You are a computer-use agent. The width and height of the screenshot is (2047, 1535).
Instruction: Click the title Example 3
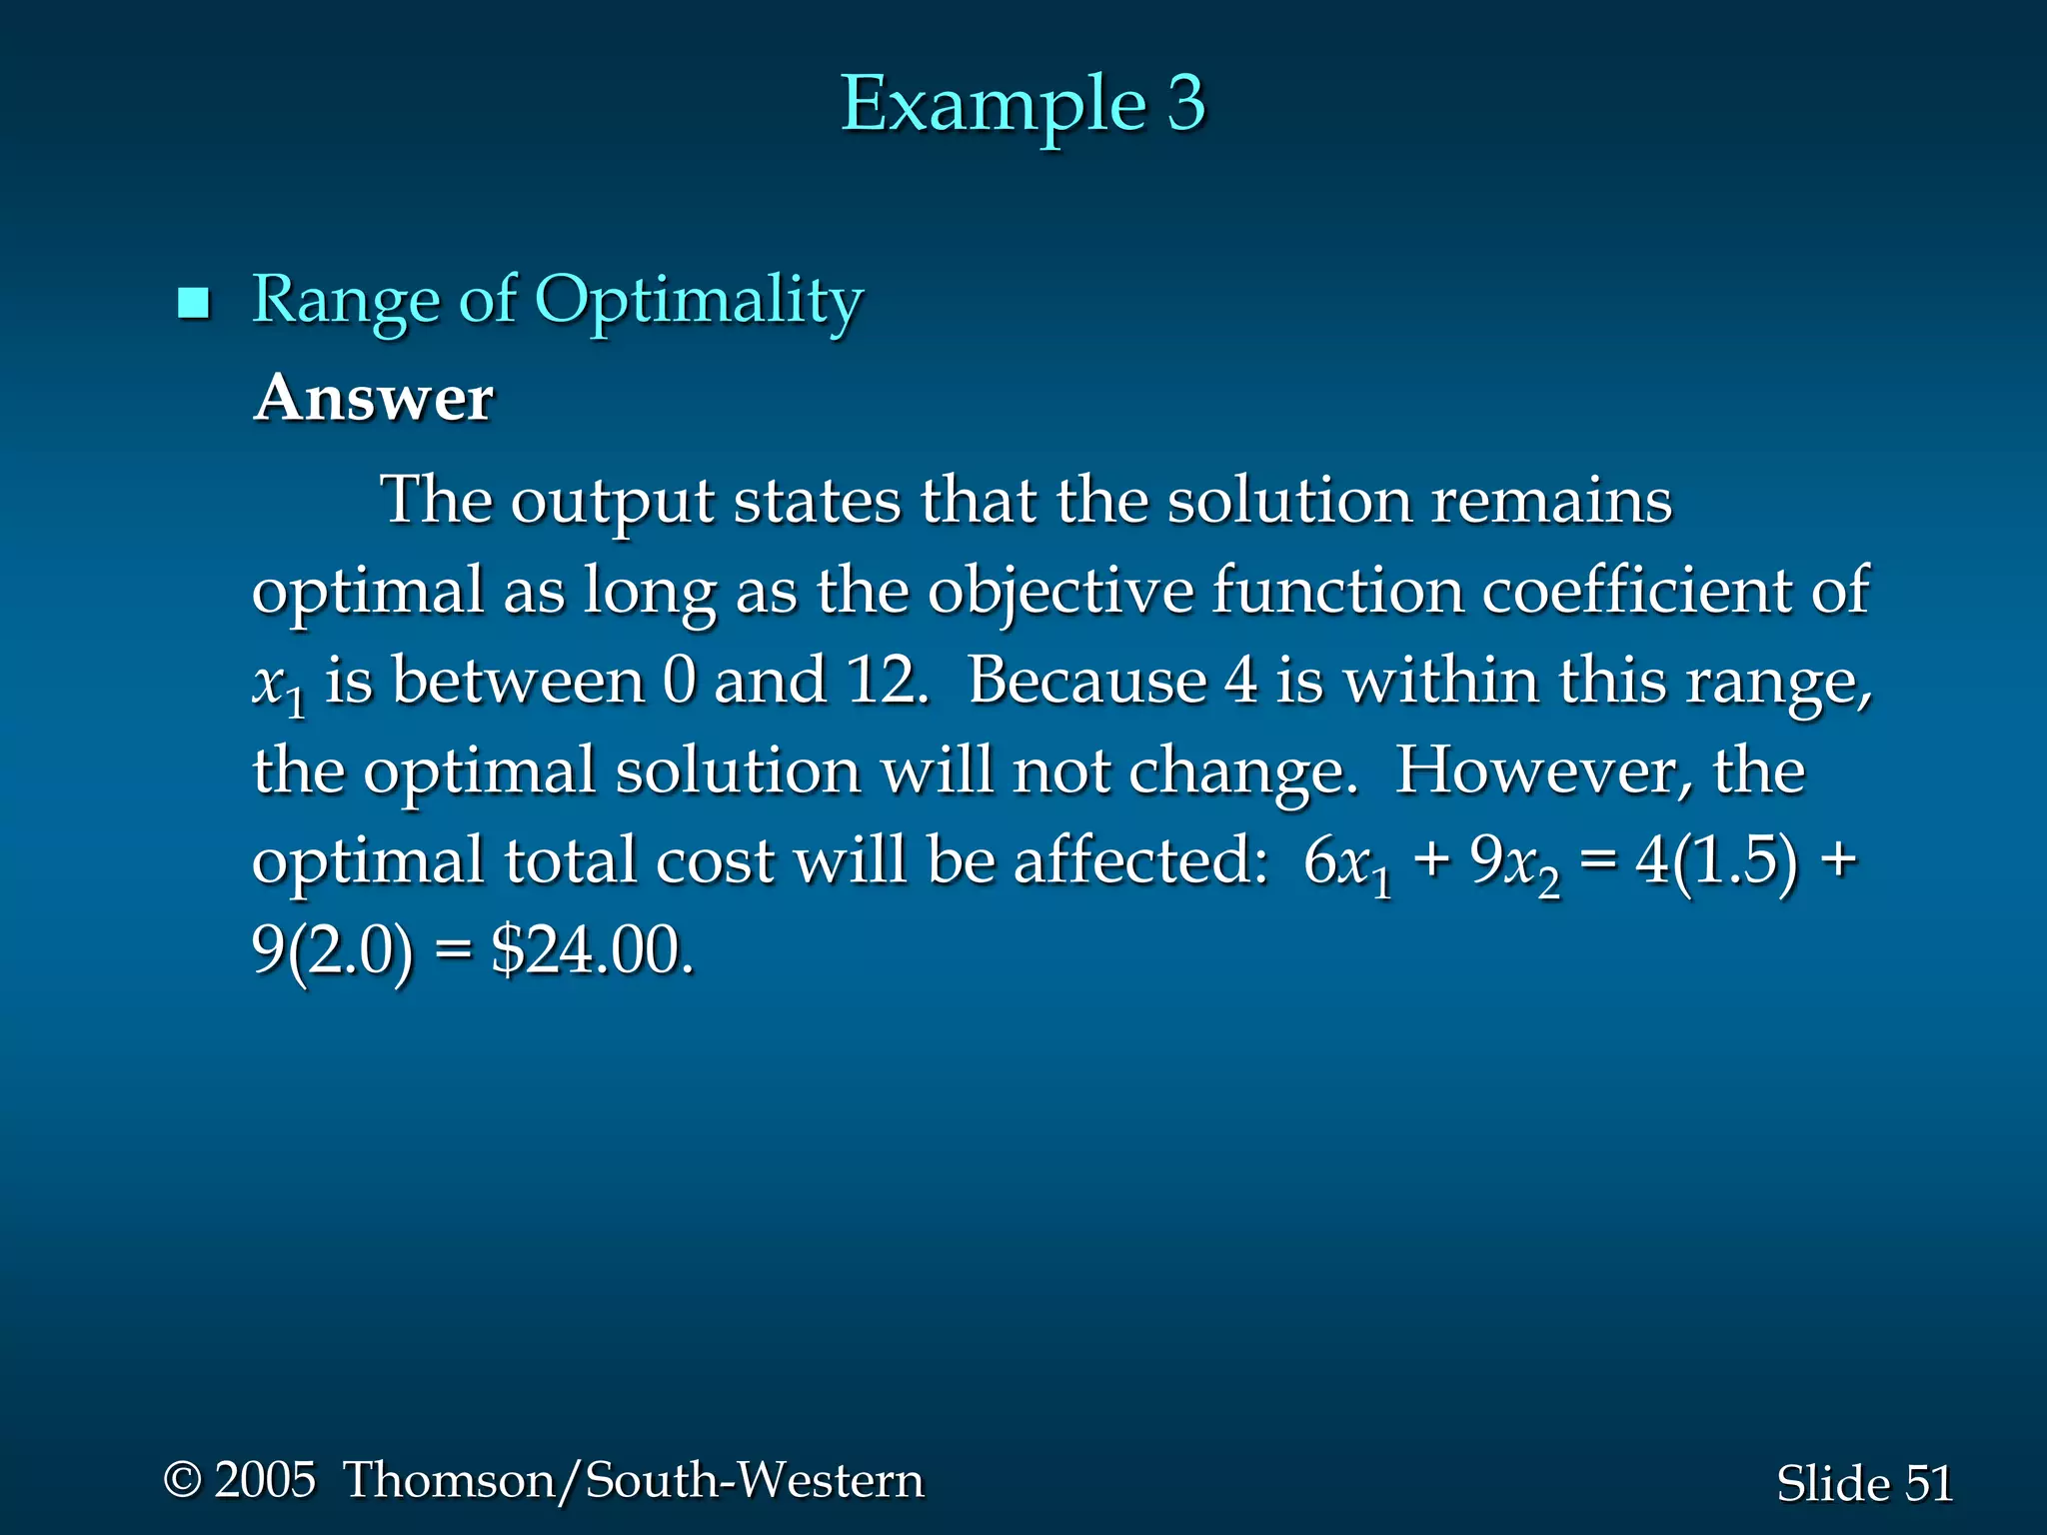pyautogui.click(x=1023, y=104)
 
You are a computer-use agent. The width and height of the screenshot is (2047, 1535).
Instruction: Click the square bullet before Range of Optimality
pyautogui.click(x=193, y=303)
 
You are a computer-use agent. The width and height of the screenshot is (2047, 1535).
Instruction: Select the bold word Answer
pyautogui.click(x=373, y=400)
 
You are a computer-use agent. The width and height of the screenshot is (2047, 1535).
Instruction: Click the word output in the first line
pyautogui.click(x=612, y=502)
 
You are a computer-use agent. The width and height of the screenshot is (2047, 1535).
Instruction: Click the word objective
pyautogui.click(x=1060, y=592)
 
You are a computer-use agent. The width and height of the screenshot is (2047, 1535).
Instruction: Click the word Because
pyautogui.click(x=1087, y=682)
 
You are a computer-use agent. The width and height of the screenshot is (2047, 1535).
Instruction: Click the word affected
pyautogui.click(x=1140, y=861)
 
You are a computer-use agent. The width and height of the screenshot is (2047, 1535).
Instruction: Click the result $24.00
pyautogui.click(x=591, y=951)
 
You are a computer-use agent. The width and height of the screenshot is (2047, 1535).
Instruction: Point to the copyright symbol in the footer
pyautogui.click(x=183, y=1480)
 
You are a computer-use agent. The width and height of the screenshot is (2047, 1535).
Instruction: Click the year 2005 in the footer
pyautogui.click(x=265, y=1480)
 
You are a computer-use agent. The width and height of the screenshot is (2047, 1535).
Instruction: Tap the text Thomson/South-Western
pyautogui.click(x=634, y=1480)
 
